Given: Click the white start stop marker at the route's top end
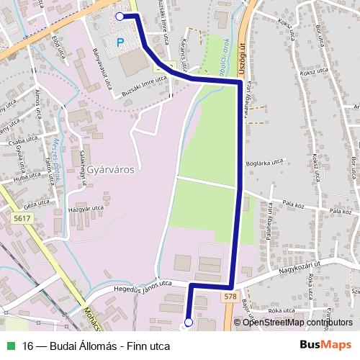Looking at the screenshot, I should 120,15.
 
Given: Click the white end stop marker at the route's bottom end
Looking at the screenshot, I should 189,323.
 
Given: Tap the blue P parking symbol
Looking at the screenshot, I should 120,42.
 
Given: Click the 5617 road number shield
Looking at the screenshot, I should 22,217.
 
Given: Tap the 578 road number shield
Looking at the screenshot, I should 230,297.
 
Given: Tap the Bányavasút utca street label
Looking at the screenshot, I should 104,68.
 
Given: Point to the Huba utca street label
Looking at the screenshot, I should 27,175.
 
